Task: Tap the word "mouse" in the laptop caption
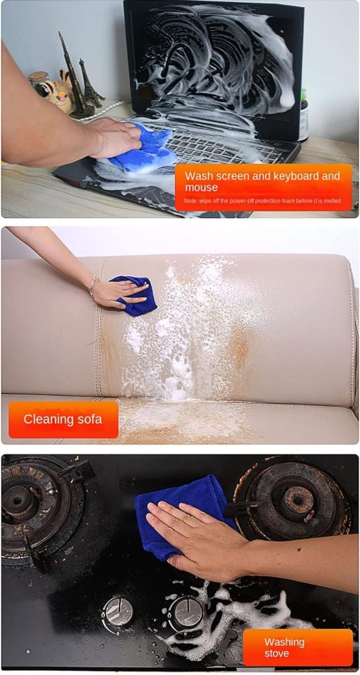click(x=202, y=188)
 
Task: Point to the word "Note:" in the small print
click(x=192, y=201)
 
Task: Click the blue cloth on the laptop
click(x=143, y=148)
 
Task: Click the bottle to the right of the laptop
click(x=304, y=115)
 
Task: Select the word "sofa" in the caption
click(x=88, y=419)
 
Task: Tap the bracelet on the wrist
click(x=93, y=287)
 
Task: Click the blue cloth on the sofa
click(x=135, y=295)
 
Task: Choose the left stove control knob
click(x=117, y=611)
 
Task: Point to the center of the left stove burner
click(x=16, y=501)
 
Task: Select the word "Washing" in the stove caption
click(x=284, y=642)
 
